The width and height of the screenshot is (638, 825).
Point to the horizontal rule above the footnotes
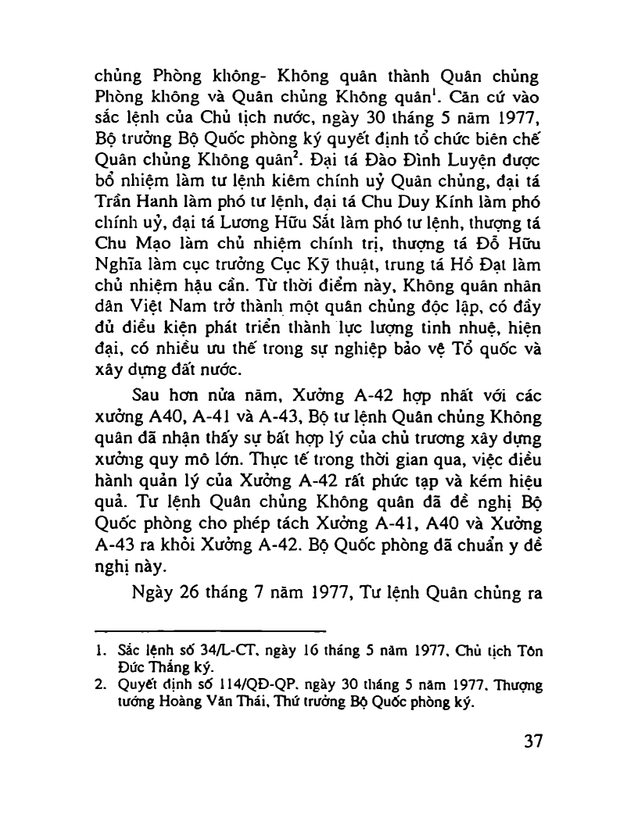[210, 630]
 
